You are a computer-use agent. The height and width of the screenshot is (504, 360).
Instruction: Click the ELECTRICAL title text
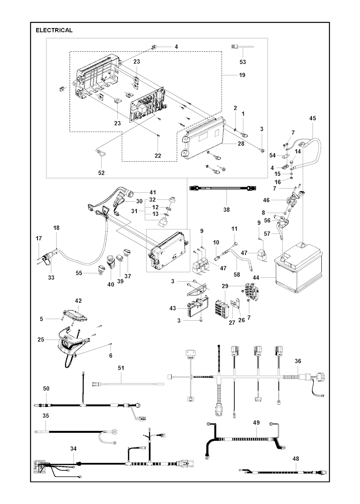coord(54,30)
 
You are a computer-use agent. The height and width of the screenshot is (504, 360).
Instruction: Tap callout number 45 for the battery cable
coord(313,118)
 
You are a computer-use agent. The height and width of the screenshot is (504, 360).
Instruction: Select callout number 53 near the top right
coord(243,62)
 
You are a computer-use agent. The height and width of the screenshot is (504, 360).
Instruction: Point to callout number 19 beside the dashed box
coord(242,75)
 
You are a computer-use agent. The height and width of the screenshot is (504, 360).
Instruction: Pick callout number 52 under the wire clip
coord(102,173)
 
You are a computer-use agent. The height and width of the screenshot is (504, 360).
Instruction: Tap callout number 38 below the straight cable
coord(226,209)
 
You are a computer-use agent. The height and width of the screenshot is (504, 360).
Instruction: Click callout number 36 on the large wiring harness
coord(298,361)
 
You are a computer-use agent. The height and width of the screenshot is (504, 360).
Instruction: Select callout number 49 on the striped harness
coord(256,423)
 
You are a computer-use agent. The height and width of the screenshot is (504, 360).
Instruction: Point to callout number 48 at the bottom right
coord(296,458)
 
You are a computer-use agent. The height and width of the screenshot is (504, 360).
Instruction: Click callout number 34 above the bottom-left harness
coord(73,449)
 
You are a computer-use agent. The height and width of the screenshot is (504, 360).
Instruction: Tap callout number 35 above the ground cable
coord(45,415)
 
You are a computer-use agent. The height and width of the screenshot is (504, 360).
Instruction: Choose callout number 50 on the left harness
coord(46,388)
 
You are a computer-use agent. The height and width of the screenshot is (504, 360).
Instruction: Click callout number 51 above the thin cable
coord(121,368)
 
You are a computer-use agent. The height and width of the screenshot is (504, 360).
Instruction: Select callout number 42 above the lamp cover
coord(78,301)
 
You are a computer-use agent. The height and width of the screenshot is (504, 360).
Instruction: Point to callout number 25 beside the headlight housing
coord(41,340)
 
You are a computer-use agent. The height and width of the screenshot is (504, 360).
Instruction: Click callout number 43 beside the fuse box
coord(173,308)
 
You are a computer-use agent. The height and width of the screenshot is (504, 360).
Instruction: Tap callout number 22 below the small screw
coord(158,156)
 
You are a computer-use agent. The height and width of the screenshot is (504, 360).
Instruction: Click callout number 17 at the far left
coord(39,238)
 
